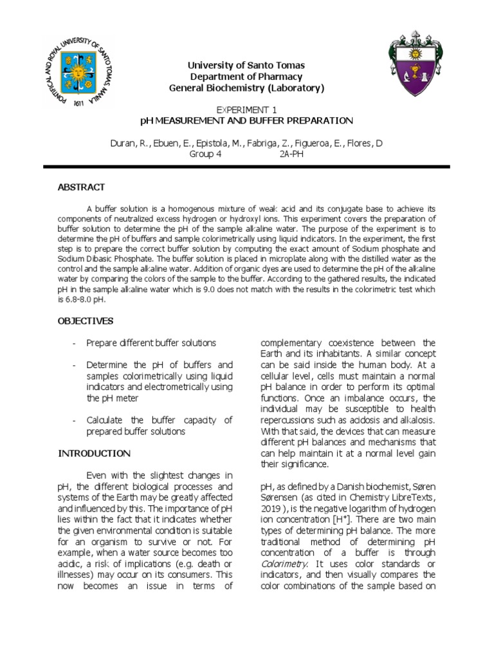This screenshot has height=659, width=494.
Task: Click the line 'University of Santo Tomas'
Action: point(246,66)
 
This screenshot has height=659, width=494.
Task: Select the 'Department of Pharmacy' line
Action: point(246,77)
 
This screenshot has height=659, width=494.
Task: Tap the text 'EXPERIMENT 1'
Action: point(246,110)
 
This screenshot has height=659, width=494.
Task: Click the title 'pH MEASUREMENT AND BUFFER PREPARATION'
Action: point(246,120)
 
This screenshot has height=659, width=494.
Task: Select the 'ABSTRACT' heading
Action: point(81,187)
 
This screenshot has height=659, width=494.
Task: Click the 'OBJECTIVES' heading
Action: point(86,320)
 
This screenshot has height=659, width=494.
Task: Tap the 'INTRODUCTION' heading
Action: point(95,454)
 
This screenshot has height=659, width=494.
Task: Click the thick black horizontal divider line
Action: point(246,167)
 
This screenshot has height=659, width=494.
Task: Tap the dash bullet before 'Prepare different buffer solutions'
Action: point(75,343)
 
